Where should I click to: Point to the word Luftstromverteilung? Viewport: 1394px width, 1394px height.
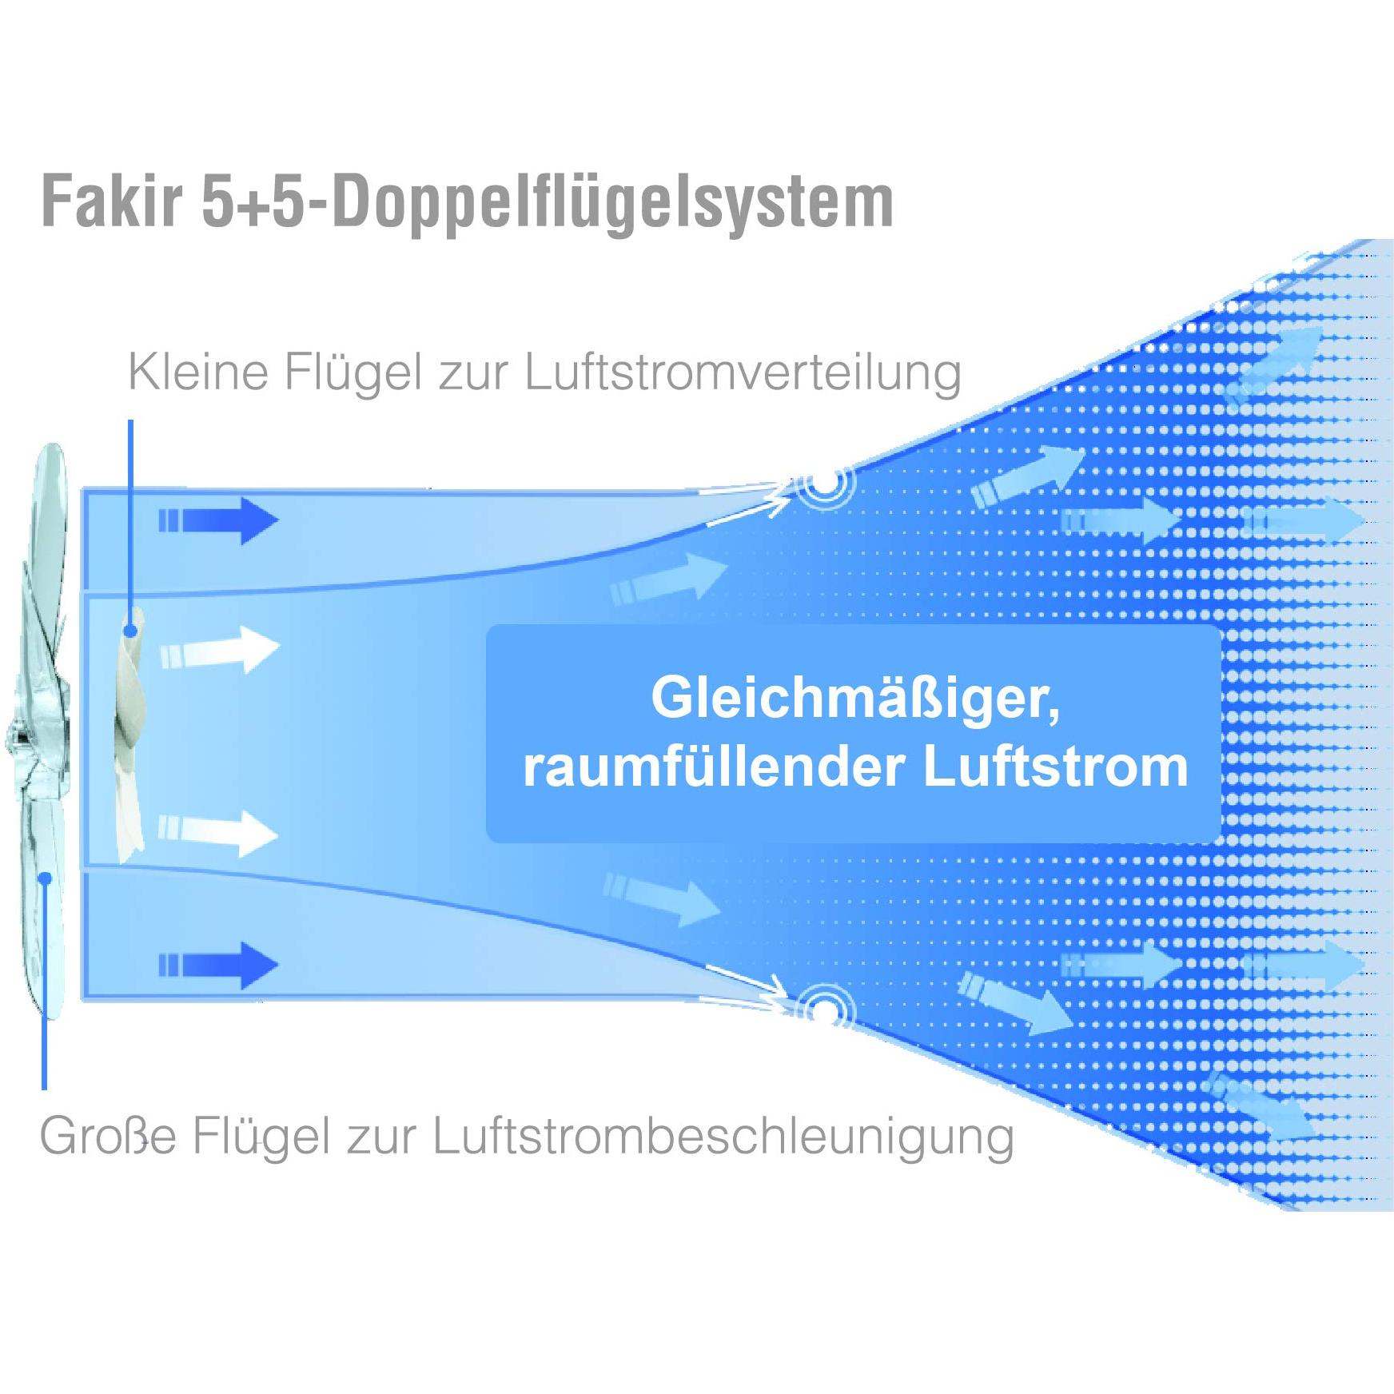743,373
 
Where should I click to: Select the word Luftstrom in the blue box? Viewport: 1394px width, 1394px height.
1056,767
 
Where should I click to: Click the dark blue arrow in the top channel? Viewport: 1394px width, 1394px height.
218,521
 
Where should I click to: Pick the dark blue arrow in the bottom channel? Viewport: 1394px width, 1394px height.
218,965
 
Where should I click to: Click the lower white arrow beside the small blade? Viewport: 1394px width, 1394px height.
218,833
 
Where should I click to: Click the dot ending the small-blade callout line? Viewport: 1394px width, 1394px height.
131,631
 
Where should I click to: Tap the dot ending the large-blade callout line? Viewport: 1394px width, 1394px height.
46,878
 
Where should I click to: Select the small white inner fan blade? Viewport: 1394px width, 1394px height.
129,735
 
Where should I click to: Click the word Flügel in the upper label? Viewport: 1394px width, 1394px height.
352,373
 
